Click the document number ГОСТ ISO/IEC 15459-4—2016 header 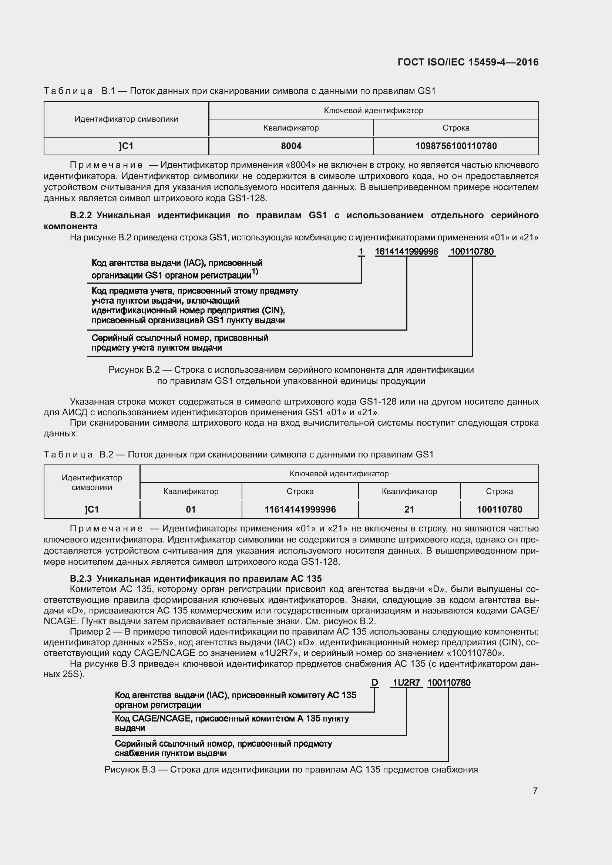pos(468,62)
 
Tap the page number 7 pos(535,791)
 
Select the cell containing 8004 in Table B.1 pos(291,146)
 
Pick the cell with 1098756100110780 pos(455,146)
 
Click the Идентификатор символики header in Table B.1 pos(126,119)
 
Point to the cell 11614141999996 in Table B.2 pos(300,510)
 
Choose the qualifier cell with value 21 pos(409,510)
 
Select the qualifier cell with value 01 pos(191,510)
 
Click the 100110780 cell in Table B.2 pos(499,510)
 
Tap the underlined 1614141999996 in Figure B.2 pos(406,252)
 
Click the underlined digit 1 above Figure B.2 pos(361,252)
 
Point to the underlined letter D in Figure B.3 pos(374,683)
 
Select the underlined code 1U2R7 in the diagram pos(406,683)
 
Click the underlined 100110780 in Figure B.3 pos(449,683)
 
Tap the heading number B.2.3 pos(81,579)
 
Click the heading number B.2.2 pos(81,216)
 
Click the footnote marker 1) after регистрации pos(255,272)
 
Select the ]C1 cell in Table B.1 pos(126,146)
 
